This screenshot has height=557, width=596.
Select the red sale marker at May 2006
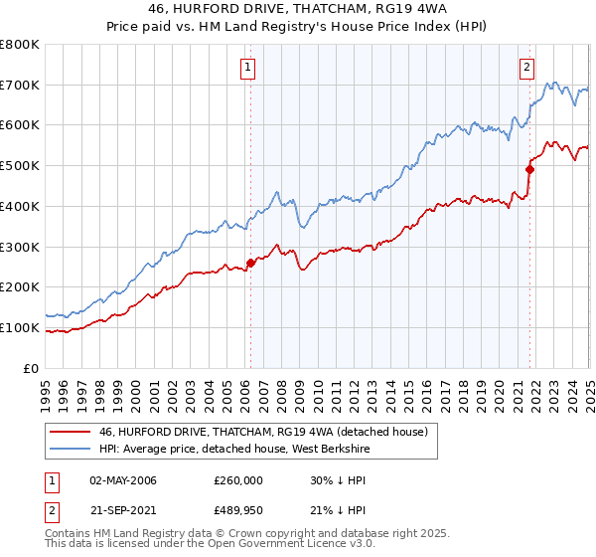coord(250,263)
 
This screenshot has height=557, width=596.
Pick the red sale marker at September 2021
coord(529,169)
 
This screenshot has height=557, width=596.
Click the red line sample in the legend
coord(70,432)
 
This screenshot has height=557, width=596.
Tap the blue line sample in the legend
coord(70,449)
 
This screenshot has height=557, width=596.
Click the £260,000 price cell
coord(239,480)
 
